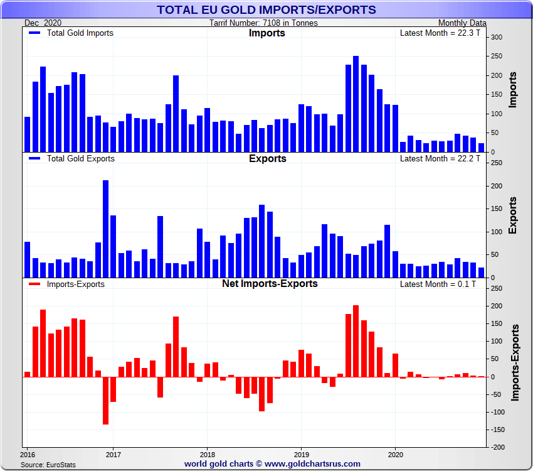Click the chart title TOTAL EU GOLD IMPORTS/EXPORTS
click(x=266, y=9)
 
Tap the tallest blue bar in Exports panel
click(x=105, y=229)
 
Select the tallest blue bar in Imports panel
click(x=356, y=104)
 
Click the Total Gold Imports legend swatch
click(x=35, y=33)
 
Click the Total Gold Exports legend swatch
click(x=35, y=158)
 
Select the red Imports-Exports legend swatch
click(x=35, y=284)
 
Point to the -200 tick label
click(x=497, y=447)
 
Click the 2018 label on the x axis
click(x=207, y=454)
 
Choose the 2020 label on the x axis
click(x=395, y=454)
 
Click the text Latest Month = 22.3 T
click(x=440, y=33)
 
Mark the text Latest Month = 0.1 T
click(x=441, y=284)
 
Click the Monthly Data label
click(x=462, y=23)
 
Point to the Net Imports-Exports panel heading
click(x=270, y=284)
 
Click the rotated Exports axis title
click(x=512, y=215)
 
